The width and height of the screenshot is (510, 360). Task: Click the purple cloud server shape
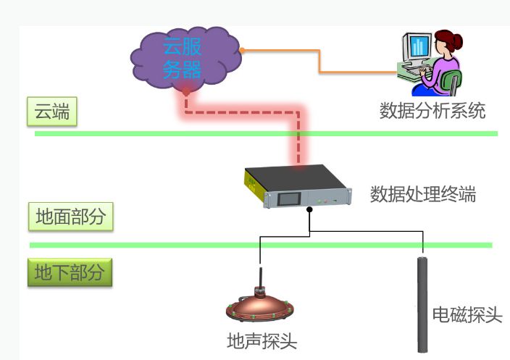click(185, 59)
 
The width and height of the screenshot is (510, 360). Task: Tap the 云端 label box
click(52, 112)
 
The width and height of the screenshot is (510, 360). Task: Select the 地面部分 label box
click(70, 217)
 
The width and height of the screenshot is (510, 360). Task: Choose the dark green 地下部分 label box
click(70, 272)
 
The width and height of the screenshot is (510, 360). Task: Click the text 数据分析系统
click(432, 111)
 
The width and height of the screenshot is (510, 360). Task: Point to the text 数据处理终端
click(423, 194)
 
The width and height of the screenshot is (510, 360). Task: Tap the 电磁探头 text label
click(467, 315)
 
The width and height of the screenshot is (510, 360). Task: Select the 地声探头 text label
click(262, 341)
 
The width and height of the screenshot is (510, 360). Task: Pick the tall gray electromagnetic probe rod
click(422, 305)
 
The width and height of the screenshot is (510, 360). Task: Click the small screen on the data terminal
click(289, 198)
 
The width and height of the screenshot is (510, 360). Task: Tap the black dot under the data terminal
click(309, 209)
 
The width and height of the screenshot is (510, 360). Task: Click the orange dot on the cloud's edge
click(242, 51)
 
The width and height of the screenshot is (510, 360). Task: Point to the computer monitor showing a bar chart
click(418, 46)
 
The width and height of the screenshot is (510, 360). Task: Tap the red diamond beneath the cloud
click(186, 92)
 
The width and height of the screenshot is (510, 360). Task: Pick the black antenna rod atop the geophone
click(260, 277)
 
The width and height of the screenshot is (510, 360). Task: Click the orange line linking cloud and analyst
click(319, 61)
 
